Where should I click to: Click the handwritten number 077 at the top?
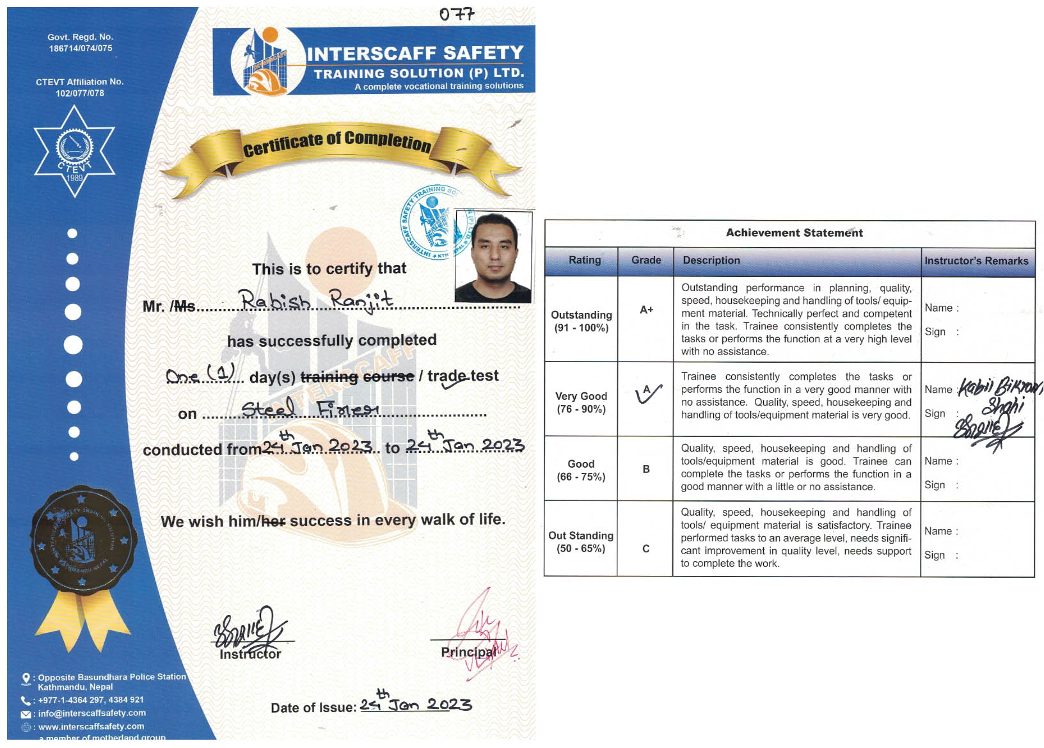457,14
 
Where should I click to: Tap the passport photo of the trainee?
493,257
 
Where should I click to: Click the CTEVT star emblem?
74,151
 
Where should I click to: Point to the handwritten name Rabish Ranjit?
315,300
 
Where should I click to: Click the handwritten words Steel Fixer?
310,408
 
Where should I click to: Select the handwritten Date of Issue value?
415,704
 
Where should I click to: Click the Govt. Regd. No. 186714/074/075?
80,43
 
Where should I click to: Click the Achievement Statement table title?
794,233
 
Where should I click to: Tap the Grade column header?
646,260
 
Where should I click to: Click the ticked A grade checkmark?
648,394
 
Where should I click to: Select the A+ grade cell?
646,310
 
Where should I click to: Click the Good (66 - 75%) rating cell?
581,470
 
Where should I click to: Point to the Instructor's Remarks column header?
976,261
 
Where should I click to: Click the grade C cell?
646,548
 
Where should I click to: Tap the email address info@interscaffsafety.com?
91,713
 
